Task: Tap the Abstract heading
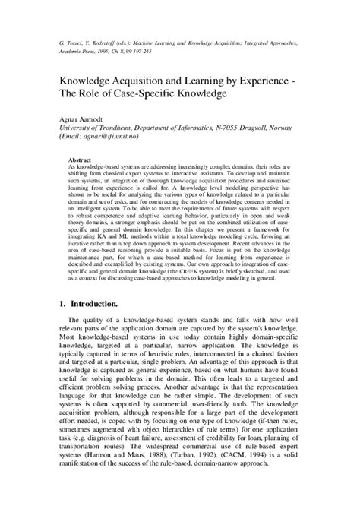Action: coord(81,161)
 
